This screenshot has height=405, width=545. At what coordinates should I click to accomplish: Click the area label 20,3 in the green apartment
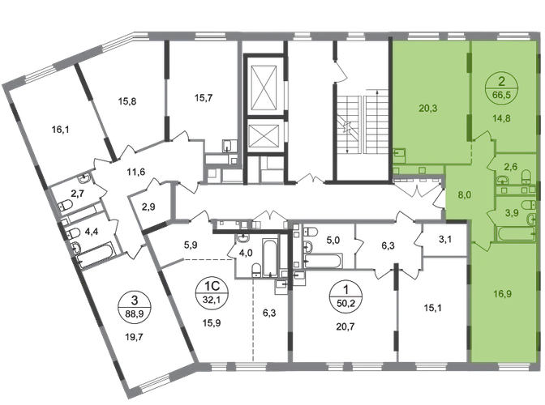pyautogui.click(x=428, y=109)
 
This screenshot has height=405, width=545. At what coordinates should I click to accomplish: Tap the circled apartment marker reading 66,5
pyautogui.click(x=501, y=88)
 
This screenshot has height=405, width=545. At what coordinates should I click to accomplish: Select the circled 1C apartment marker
pyautogui.click(x=212, y=293)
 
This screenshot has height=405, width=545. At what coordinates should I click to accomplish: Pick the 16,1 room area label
pyautogui.click(x=60, y=130)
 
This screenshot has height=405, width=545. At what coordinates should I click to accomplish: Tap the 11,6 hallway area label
pyautogui.click(x=136, y=172)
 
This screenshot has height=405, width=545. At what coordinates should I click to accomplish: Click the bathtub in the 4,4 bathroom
pyautogui.click(x=96, y=254)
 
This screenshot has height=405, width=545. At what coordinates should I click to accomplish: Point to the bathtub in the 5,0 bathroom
pyautogui.click(x=324, y=261)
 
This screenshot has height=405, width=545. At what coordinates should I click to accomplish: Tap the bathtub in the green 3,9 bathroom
pyautogui.click(x=517, y=234)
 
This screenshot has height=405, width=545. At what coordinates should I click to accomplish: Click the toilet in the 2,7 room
pyautogui.click(x=65, y=206)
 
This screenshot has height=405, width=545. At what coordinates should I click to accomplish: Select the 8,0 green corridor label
pyautogui.click(x=465, y=194)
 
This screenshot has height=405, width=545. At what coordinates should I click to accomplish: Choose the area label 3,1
pyautogui.click(x=445, y=239)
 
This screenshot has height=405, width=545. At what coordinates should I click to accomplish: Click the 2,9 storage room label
pyautogui.click(x=148, y=207)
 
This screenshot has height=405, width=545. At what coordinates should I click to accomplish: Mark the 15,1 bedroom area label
pyautogui.click(x=433, y=308)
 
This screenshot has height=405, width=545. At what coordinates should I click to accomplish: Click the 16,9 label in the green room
pyautogui.click(x=502, y=294)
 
